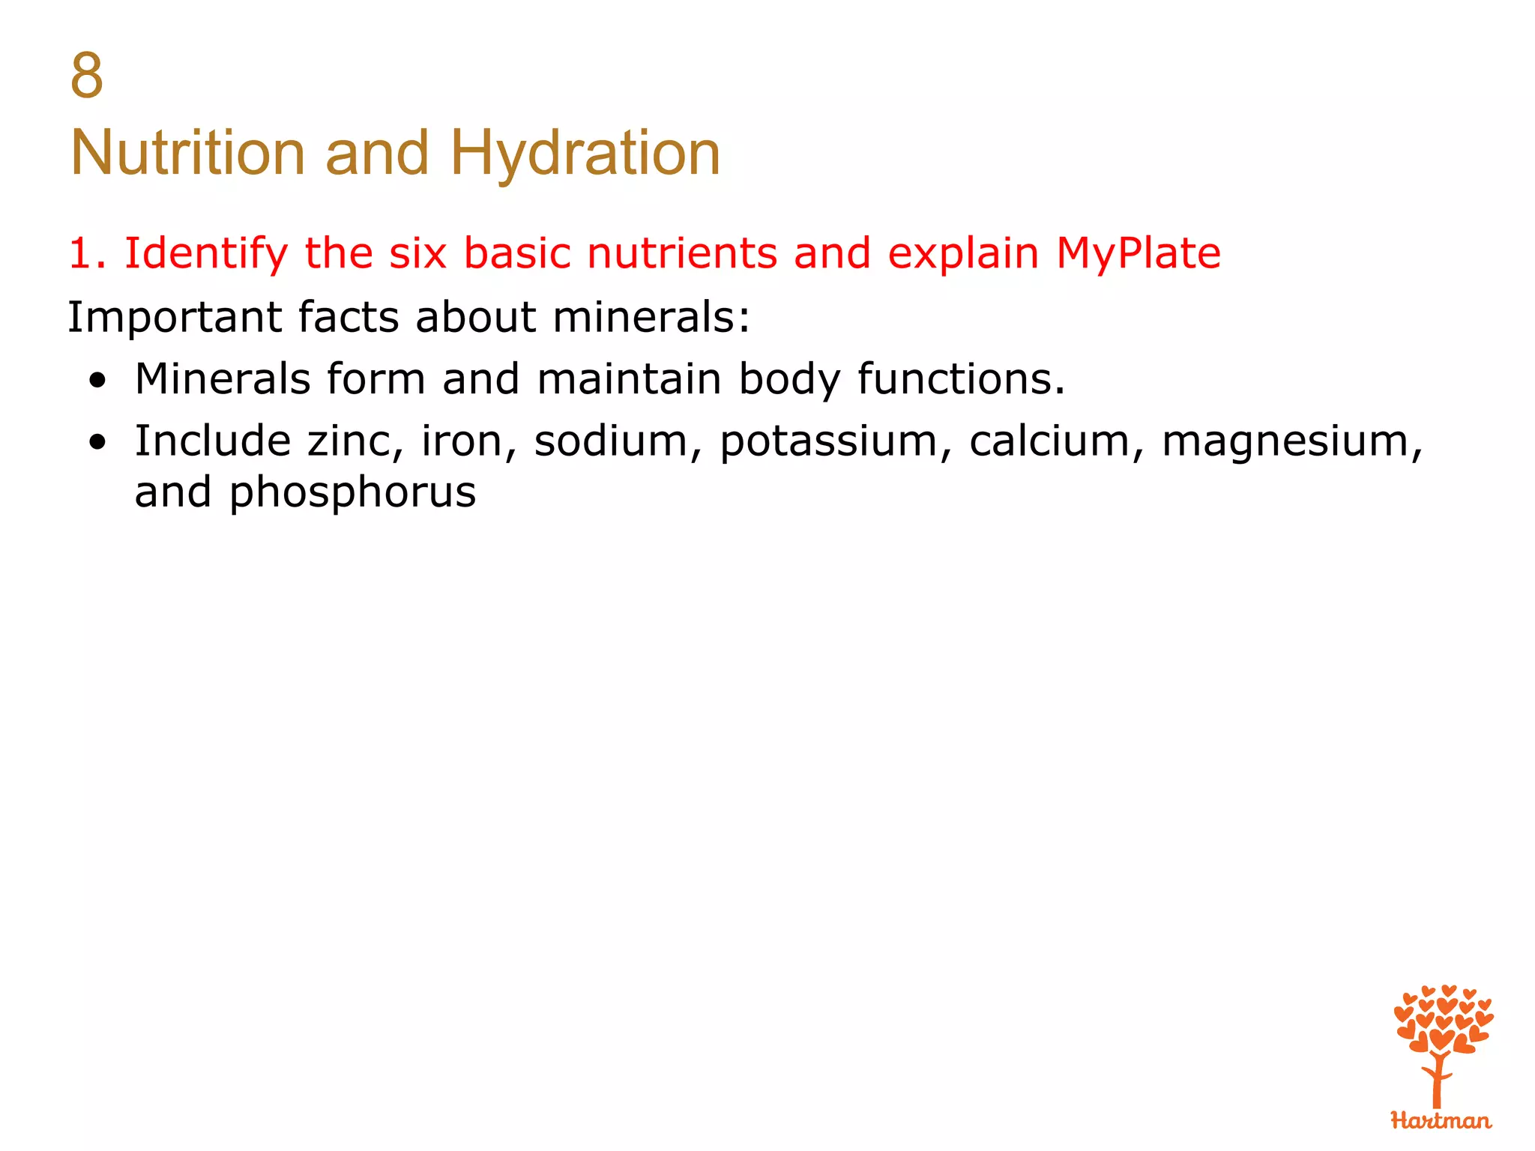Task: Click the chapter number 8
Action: pos(86,76)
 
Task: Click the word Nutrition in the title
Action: pos(187,153)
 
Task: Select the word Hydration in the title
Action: pos(585,153)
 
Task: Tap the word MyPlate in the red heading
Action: pos(1138,253)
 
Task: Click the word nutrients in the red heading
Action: pos(682,253)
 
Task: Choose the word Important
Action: pos(174,317)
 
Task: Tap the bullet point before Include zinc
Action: pos(97,443)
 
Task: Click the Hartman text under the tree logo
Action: pos(1441,1121)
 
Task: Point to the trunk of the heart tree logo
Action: pos(1437,1083)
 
